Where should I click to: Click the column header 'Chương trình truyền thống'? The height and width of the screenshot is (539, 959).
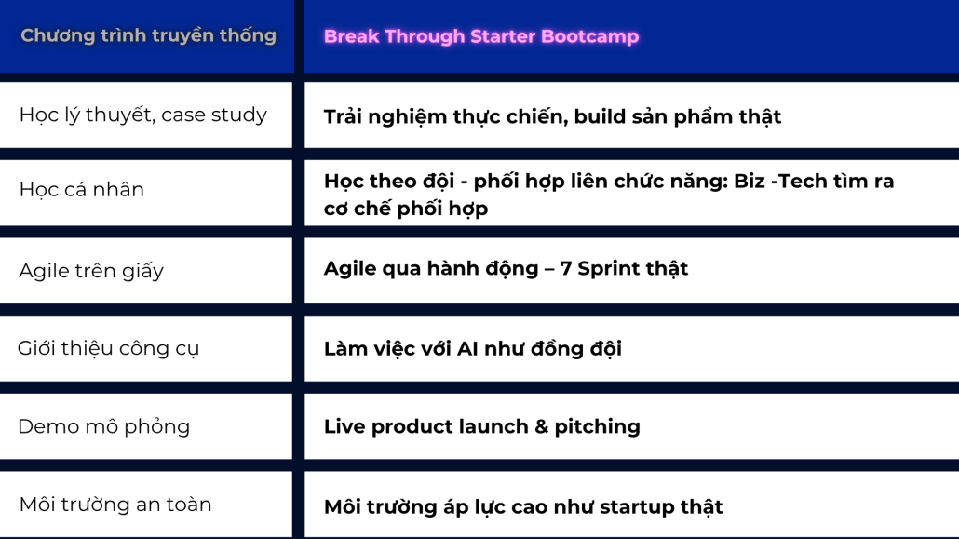[x=149, y=36]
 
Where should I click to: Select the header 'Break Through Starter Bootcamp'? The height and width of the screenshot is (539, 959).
[x=481, y=36]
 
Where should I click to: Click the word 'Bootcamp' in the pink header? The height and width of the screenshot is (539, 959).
[x=590, y=36]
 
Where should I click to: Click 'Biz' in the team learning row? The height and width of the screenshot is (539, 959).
[x=750, y=182]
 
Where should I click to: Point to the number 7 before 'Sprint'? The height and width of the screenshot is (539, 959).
[x=566, y=268]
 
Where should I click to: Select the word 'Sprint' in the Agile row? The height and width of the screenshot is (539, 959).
[x=608, y=269]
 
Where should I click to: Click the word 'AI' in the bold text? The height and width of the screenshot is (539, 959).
[x=467, y=349]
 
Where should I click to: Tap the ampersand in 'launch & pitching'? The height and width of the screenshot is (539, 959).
[x=541, y=426]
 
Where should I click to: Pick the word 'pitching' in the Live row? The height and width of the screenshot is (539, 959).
[x=598, y=427]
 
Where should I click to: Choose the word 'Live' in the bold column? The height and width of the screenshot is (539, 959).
[x=344, y=426]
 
